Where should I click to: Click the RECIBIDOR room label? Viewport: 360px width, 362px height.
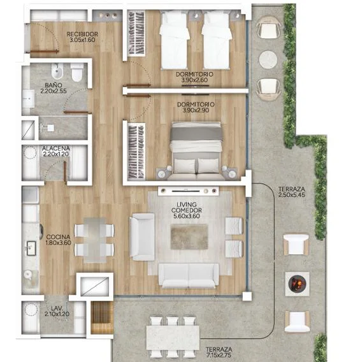tap(82, 34)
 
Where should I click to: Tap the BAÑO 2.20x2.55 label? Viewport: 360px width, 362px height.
tap(54, 88)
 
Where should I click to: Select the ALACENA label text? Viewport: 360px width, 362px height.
tap(55, 148)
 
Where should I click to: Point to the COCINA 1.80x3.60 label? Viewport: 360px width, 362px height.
tap(58, 240)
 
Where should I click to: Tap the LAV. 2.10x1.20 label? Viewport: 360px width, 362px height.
tap(57, 311)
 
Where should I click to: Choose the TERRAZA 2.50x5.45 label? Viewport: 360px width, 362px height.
tap(291, 192)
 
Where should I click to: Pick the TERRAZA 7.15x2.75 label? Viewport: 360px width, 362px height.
tap(219, 352)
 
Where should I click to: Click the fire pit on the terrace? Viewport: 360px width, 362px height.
tap(297, 284)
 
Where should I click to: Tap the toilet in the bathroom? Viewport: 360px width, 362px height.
tap(77, 72)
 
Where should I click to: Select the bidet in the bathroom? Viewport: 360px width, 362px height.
tap(57, 71)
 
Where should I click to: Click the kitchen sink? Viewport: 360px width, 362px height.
tap(31, 248)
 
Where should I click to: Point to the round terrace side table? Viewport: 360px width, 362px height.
tap(268, 59)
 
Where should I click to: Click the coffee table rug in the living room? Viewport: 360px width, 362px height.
tap(189, 237)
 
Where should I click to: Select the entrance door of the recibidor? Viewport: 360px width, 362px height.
tap(45, 51)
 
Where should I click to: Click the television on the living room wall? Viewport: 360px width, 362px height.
tap(185, 191)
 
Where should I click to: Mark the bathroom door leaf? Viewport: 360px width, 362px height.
tap(76, 112)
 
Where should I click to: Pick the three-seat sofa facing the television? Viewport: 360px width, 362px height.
tap(189, 276)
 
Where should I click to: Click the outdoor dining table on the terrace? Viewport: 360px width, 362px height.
tap(173, 338)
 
